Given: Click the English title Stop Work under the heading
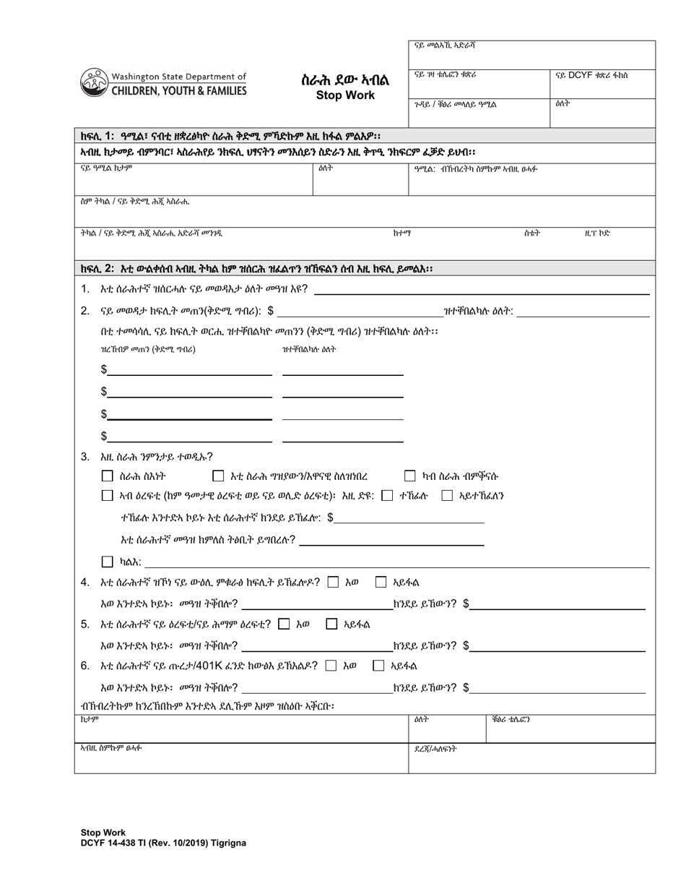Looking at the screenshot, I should tap(344, 95).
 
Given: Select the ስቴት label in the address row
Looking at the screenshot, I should tap(531, 233).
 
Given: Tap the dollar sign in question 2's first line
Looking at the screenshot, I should tap(270, 312).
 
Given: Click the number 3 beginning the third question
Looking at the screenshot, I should tap(85, 456).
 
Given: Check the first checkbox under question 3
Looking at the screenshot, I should tap(108, 476).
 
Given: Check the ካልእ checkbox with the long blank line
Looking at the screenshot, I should tap(108, 562).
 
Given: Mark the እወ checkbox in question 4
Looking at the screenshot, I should tap(333, 582).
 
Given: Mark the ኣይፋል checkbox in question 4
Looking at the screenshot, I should tap(381, 582).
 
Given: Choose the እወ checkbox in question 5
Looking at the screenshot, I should tap(284, 624).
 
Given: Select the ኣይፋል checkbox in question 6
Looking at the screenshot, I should tap(378, 666).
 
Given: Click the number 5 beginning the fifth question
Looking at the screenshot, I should tap(85, 624).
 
